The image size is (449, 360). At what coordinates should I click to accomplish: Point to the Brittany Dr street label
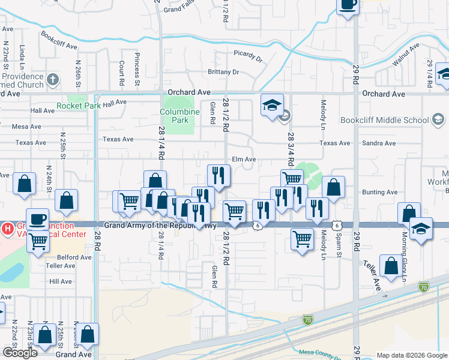click(223, 72)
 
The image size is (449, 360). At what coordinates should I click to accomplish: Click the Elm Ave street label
click(244, 160)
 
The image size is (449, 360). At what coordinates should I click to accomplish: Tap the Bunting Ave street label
click(379, 192)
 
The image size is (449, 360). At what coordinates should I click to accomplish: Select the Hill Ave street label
click(61, 281)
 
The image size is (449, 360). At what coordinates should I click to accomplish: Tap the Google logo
click(20, 353)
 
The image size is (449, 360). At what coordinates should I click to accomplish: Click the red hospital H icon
click(8, 228)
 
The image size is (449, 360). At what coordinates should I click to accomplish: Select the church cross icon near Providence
click(53, 79)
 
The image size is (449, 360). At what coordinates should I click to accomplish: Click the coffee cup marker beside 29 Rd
click(348, 5)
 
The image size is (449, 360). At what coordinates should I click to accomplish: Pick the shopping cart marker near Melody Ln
click(302, 238)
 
